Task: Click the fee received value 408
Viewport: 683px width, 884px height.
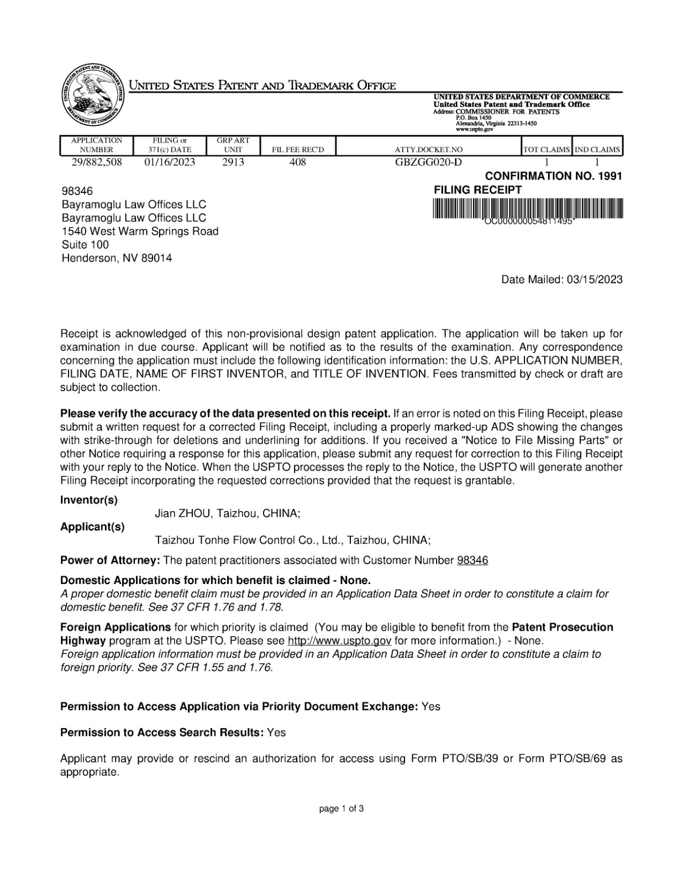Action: click(x=298, y=162)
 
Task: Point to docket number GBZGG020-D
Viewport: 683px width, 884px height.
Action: click(x=429, y=162)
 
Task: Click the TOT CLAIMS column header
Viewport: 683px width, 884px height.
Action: click(x=547, y=150)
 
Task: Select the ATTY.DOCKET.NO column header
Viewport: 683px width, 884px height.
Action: click(x=429, y=150)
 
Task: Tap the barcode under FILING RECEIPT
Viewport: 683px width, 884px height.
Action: click(x=528, y=211)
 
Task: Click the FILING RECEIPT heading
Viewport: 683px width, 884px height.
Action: click(x=478, y=190)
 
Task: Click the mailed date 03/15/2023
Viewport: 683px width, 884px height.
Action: click(x=595, y=280)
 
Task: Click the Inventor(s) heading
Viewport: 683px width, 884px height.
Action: click(x=89, y=500)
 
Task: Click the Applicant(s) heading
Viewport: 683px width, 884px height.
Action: click(x=92, y=527)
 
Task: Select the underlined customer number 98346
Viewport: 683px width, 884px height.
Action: click(x=472, y=560)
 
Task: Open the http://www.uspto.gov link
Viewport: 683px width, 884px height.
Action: click(x=340, y=641)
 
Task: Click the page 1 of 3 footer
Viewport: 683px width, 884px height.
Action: click(x=341, y=809)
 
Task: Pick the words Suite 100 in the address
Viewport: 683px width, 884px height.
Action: click(x=85, y=245)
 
